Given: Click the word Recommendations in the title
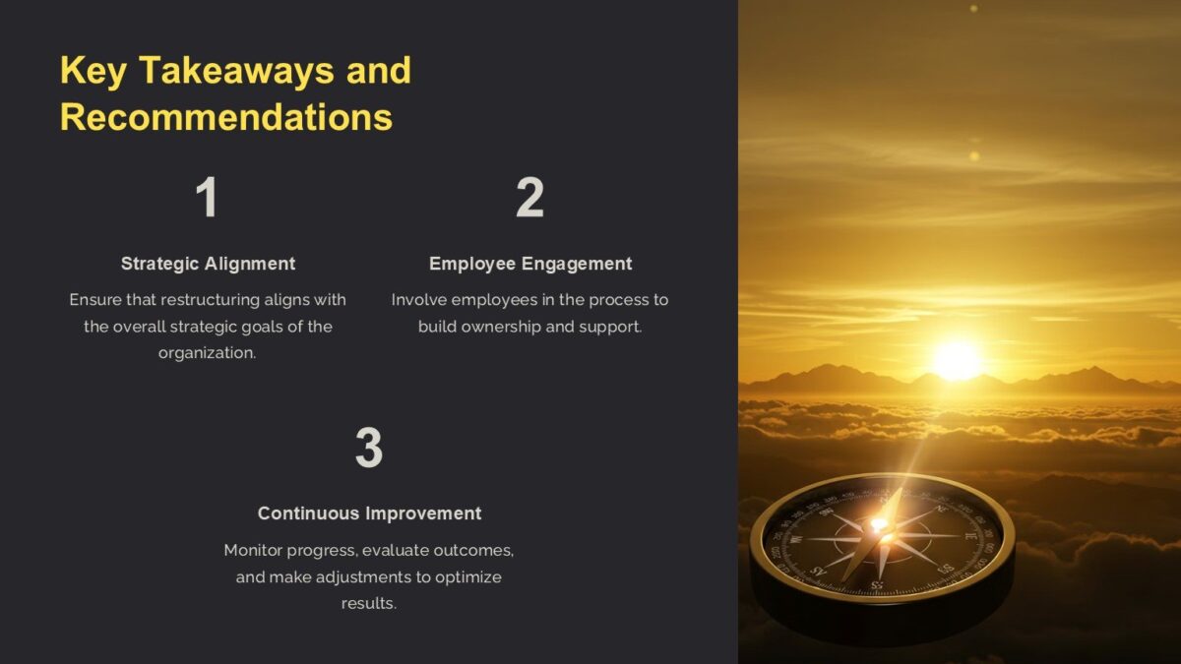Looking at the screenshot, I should [226, 117].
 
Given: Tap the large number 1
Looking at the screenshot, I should [207, 199].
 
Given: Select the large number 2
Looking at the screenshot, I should [529, 199].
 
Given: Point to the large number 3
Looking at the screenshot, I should [368, 449].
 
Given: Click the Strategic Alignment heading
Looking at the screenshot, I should [208, 264].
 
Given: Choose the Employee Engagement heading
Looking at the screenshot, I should [530, 264].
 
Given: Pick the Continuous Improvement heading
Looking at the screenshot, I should [369, 513].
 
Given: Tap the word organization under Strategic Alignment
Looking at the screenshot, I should [207, 353].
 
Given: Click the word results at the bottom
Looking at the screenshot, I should [368, 603].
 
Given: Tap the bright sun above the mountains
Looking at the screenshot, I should [956, 360].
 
